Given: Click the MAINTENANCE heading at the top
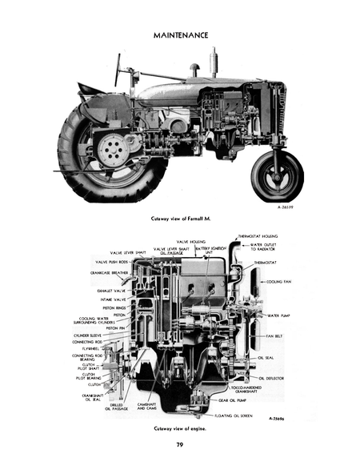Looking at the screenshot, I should tap(179, 35).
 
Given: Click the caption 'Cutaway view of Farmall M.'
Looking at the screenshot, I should tap(180, 218).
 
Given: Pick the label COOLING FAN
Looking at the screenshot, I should tap(282, 282).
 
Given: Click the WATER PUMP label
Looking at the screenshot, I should tap(279, 315).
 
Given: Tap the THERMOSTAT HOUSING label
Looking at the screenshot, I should tap(258, 237).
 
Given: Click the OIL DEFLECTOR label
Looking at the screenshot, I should tap(273, 377).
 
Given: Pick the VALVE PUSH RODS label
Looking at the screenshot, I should tap(111, 262).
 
